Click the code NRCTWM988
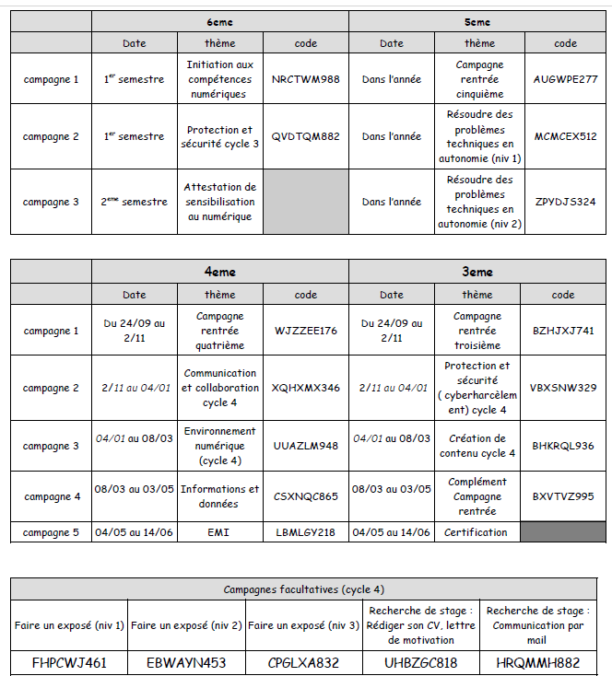pyautogui.click(x=306, y=79)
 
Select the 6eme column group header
pyautogui.click(x=220, y=22)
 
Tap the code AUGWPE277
pyautogui.click(x=565, y=79)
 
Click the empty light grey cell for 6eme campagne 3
pyautogui.click(x=306, y=202)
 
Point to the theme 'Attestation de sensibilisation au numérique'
pyautogui.click(x=220, y=202)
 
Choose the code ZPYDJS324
pyautogui.click(x=565, y=202)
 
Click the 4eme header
pyautogui.click(x=220, y=272)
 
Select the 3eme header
pyautogui.click(x=477, y=272)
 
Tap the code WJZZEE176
pyautogui.click(x=306, y=331)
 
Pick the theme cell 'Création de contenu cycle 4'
pyautogui.click(x=477, y=446)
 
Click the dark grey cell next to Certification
pyautogui.click(x=564, y=532)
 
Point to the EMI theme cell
pyautogui.click(x=220, y=532)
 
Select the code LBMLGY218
pyautogui.click(x=306, y=532)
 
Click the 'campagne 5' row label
pyautogui.click(x=52, y=532)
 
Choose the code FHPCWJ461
pyautogui.click(x=69, y=662)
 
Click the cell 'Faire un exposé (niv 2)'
pyautogui.click(x=186, y=625)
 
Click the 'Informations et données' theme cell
pyautogui.click(x=220, y=496)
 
